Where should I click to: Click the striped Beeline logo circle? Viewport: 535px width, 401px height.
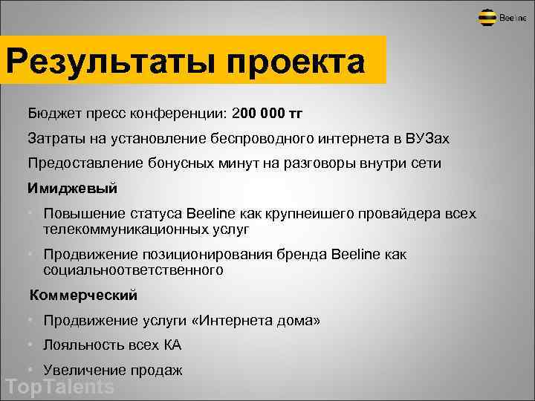[487, 18]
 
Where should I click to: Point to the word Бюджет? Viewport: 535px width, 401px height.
[54, 114]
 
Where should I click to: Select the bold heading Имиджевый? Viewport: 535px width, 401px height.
[73, 189]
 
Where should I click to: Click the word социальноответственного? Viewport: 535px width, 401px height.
[133, 271]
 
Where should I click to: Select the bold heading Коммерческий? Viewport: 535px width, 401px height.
[83, 296]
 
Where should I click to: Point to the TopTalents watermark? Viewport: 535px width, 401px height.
[59, 387]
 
